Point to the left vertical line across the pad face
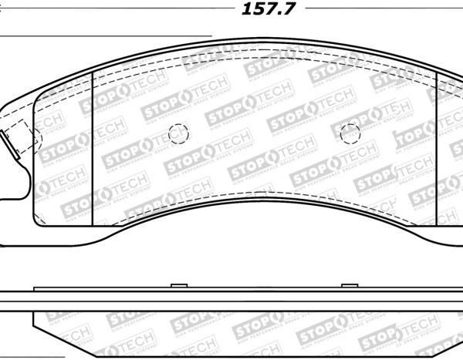coord(93,146)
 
